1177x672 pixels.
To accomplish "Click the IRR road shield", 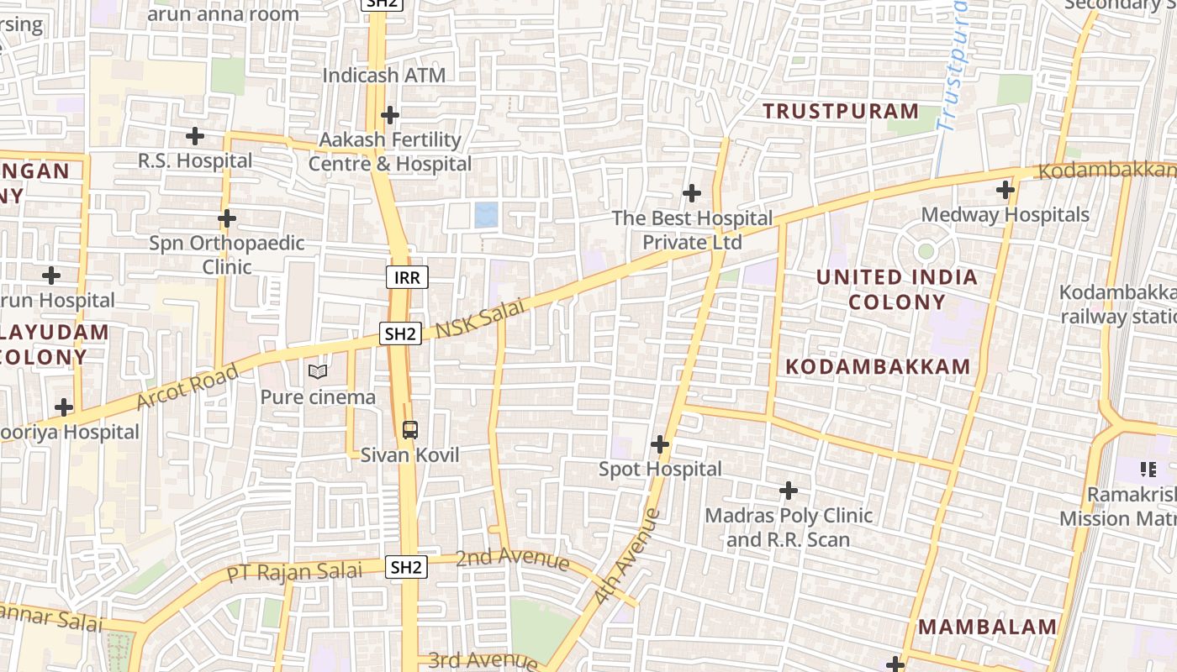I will (407, 277).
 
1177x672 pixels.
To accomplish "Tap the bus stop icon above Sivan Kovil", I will (409, 430).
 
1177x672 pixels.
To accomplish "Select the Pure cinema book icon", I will (318, 371).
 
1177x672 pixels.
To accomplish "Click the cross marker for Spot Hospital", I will (660, 444).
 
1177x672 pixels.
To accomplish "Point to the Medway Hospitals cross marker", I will (1005, 190).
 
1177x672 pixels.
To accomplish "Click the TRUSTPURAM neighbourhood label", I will (841, 111).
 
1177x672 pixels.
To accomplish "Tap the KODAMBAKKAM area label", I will (879, 366).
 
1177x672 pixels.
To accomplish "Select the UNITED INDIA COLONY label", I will (897, 289).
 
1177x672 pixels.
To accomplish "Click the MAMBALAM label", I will (987, 627).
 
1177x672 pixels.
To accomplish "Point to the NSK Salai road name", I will (480, 318).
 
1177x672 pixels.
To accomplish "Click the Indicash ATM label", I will (384, 76).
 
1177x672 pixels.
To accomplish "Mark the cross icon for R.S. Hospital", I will (195, 135).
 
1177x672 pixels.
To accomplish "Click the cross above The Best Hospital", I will (691, 193).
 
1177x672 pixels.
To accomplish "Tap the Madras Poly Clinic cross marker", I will (789, 490).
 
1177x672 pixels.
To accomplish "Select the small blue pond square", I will (486, 215).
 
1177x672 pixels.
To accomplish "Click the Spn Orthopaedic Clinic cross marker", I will (226, 218).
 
